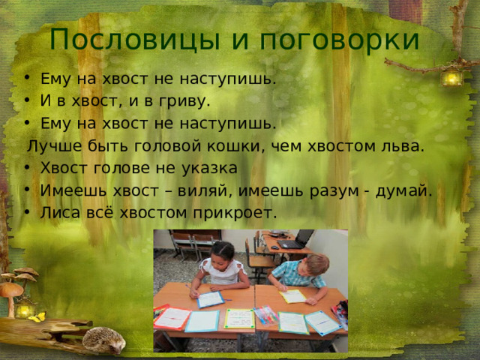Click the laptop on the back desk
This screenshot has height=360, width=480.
tap(295, 240)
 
